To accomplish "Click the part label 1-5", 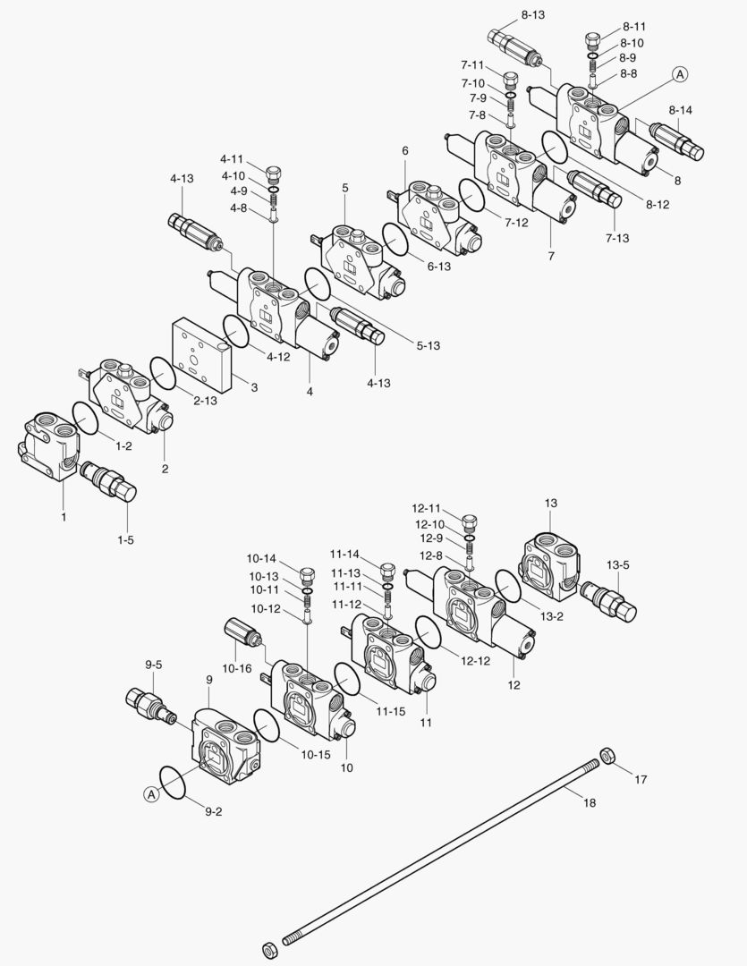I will pos(125,541).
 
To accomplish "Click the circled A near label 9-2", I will pos(152,793).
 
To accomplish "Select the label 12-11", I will pos(428,507).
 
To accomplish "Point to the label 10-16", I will pos(236,668).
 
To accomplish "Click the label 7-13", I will pos(618,237).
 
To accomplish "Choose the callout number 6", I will pos(405,150).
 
